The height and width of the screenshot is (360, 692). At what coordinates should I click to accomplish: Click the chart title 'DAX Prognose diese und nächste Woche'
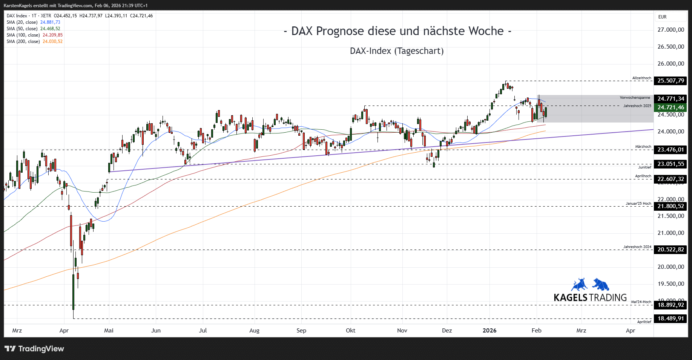coord(397,31)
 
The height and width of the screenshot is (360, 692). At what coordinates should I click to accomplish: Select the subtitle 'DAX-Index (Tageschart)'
coord(397,51)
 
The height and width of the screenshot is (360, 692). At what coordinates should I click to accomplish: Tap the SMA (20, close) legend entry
coord(33,22)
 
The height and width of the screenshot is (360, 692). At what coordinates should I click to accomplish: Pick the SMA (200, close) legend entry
coord(34,41)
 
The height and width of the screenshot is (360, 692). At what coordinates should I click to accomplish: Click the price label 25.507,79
coord(671,81)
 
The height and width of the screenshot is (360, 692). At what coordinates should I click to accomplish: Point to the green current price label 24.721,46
coord(671,107)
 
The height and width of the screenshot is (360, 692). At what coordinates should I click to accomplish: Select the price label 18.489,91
coord(671,319)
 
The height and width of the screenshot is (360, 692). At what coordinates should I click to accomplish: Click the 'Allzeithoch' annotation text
coord(641,78)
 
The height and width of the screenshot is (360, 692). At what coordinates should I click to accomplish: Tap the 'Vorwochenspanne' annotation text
coord(635,98)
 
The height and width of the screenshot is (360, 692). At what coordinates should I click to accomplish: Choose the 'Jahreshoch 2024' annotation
coord(637,247)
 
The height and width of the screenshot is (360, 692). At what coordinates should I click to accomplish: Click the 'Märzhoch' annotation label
coord(643,147)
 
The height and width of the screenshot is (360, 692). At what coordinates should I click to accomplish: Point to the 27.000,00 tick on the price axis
coord(671,30)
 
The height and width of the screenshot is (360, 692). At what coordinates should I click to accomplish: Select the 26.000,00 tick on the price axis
coord(671,64)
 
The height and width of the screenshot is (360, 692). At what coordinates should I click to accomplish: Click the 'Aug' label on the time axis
coord(255,331)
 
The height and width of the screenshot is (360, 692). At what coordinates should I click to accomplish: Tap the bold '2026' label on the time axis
coord(489,331)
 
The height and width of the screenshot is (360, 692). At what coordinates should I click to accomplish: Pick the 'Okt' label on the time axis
coord(350,331)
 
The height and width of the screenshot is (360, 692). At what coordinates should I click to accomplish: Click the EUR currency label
coord(662,17)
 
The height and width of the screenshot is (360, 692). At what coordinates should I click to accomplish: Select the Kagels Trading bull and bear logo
coord(590,285)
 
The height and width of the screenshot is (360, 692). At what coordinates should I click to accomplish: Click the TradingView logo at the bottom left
coord(34,349)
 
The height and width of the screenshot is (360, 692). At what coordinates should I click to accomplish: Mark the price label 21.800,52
coord(671,206)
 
